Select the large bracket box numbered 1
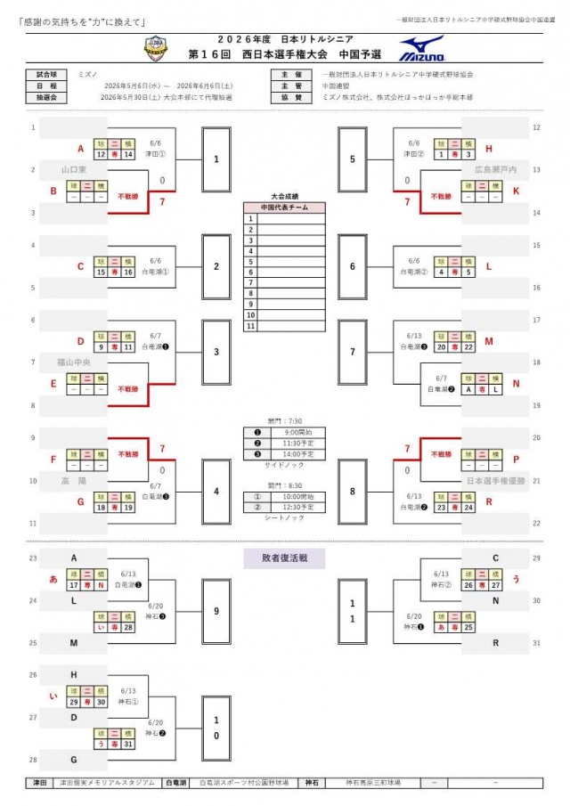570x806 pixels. pyautogui.click(x=216, y=160)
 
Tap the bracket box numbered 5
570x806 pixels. pyautogui.click(x=353, y=160)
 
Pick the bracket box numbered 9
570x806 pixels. pyautogui.click(x=216, y=611)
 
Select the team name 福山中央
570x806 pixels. pyautogui.click(x=74, y=362)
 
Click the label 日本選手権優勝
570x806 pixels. pyautogui.click(x=496, y=482)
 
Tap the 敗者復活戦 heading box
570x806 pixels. pyautogui.click(x=284, y=558)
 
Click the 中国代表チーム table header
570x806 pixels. pyautogui.click(x=284, y=208)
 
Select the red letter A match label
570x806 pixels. pyautogui.click(x=80, y=149)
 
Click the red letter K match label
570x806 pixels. pyautogui.click(x=491, y=191)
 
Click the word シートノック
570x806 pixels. pyautogui.click(x=284, y=517)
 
